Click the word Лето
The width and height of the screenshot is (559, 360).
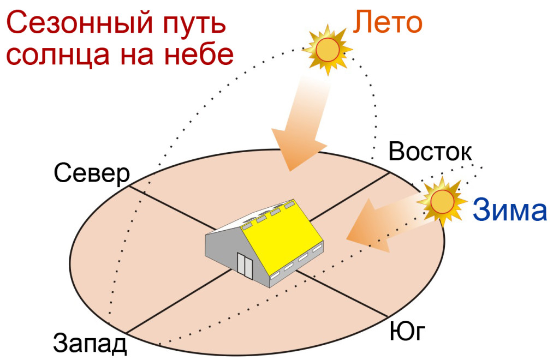point(388,22)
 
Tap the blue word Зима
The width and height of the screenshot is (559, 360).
point(510,210)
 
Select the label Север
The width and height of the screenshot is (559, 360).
point(92,174)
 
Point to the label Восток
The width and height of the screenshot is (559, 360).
point(430,151)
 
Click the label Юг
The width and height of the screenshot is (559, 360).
point(407,331)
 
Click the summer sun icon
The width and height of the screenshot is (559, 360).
point(328,50)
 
